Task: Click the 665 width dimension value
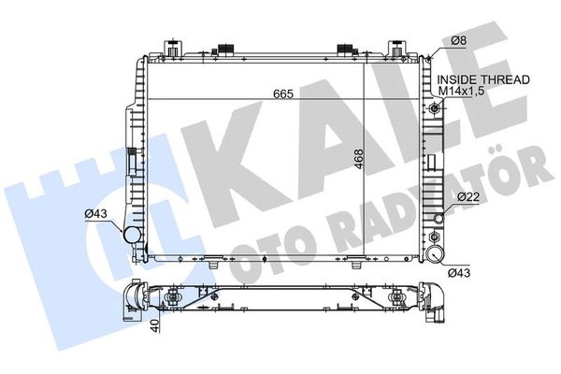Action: pos(283,93)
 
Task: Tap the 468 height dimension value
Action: pos(358,159)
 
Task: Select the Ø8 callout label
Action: pos(458,40)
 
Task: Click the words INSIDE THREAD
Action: pos(483,79)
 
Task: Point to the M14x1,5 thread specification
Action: pos(462,91)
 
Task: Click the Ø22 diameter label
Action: pos(468,196)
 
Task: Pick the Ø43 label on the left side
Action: pos(96,214)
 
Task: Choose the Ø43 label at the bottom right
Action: pos(459,273)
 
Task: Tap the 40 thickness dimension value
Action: pos(154,325)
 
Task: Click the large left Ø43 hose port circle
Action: pos(132,235)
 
